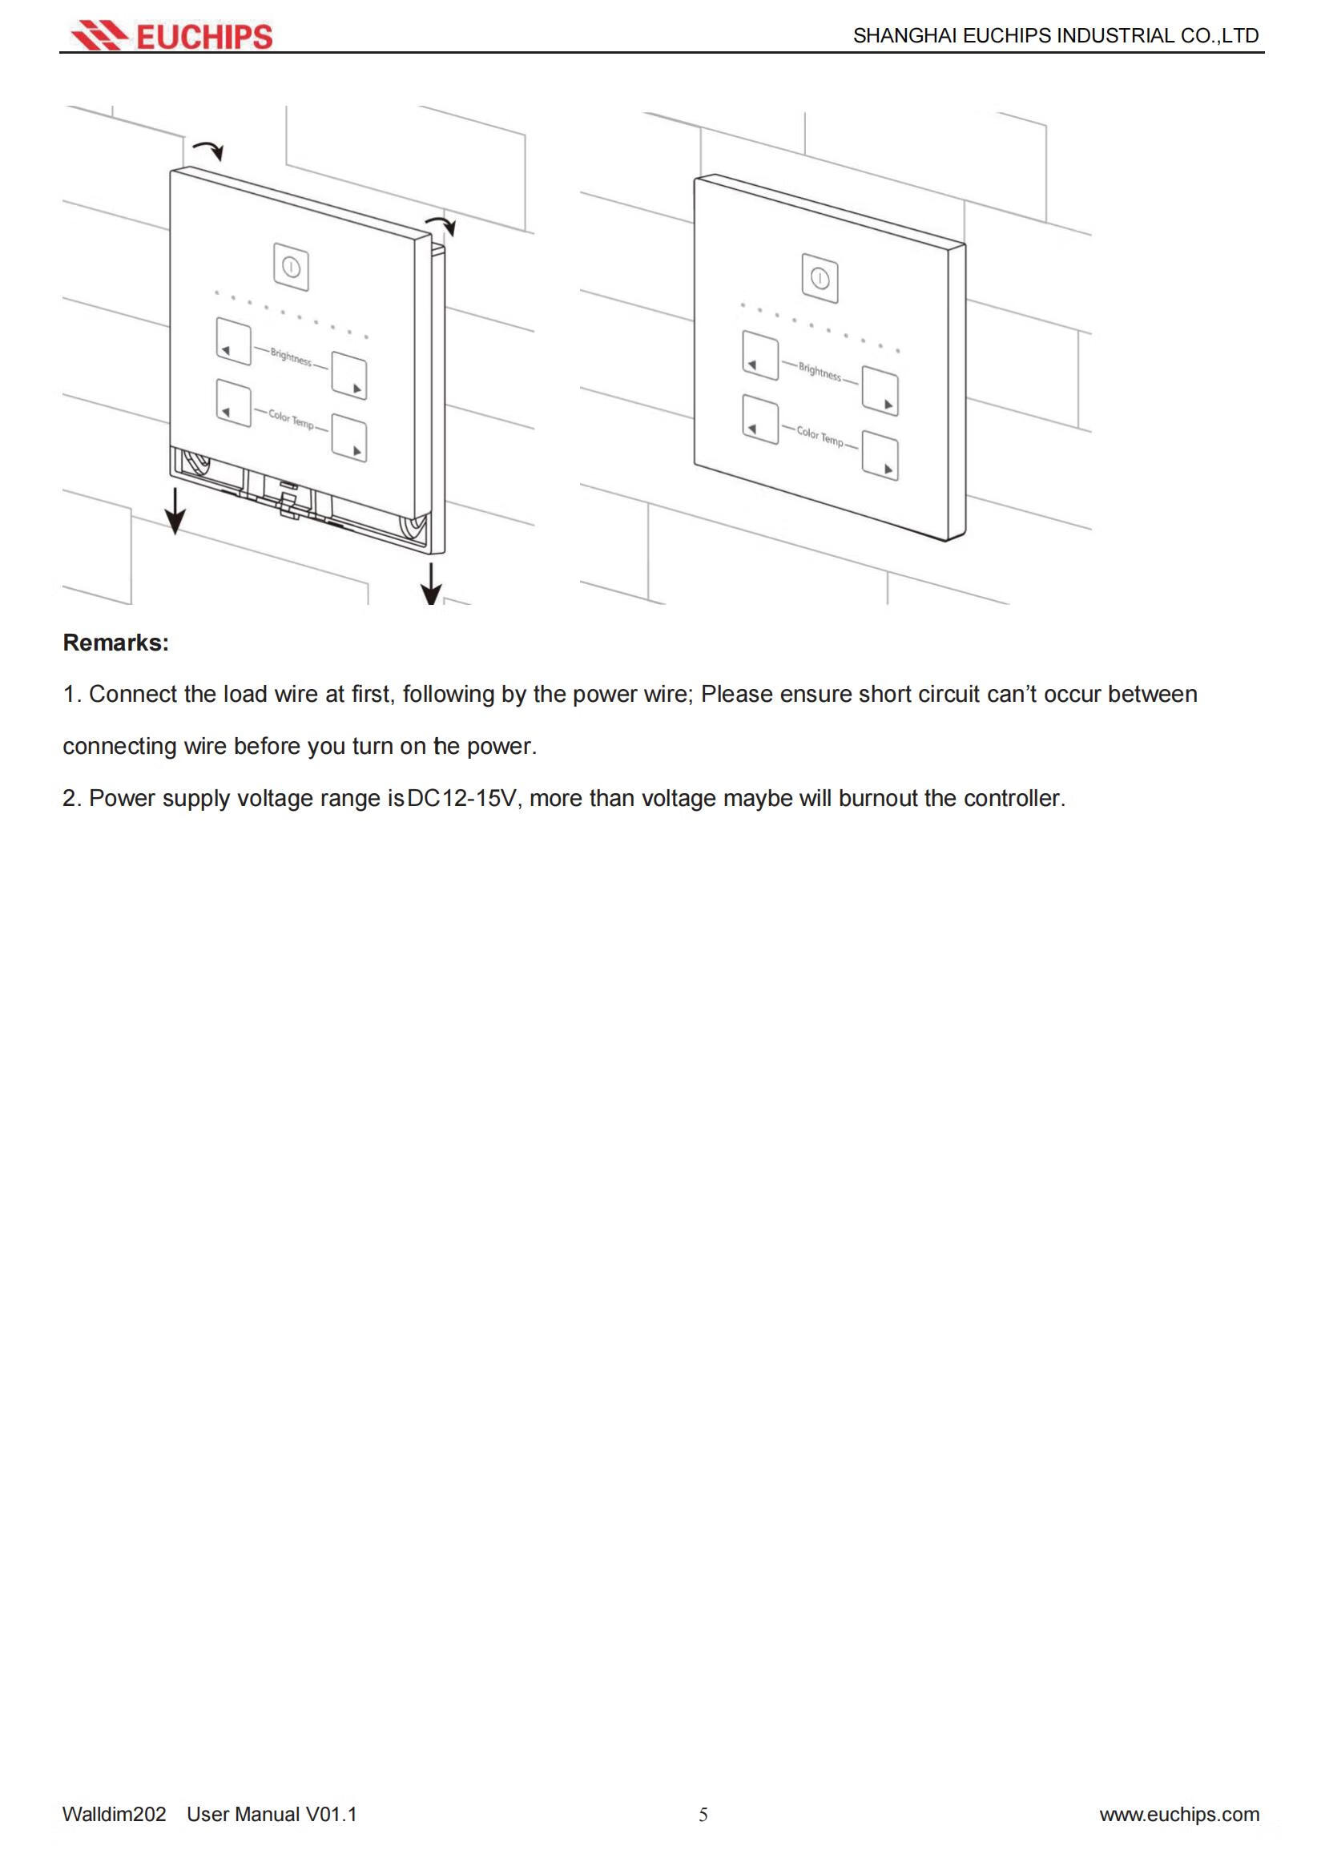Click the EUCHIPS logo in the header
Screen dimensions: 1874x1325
[171, 36]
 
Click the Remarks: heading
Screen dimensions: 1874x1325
[116, 643]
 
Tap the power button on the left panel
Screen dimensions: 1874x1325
[292, 267]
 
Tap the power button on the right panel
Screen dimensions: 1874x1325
[820, 279]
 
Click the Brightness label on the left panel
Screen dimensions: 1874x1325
[291, 357]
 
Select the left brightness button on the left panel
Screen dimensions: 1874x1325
[233, 341]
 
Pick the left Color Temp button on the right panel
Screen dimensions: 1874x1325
[760, 420]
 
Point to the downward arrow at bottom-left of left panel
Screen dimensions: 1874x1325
[175, 512]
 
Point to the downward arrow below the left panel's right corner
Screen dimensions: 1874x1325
[431, 583]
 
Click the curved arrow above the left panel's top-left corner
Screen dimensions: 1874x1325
[209, 149]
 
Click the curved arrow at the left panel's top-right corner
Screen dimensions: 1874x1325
[441, 224]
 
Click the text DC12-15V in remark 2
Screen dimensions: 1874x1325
[461, 798]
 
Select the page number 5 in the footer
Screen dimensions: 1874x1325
[703, 1815]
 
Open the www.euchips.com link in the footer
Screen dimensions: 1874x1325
[1179, 1815]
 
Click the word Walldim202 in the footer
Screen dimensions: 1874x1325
[115, 1815]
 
